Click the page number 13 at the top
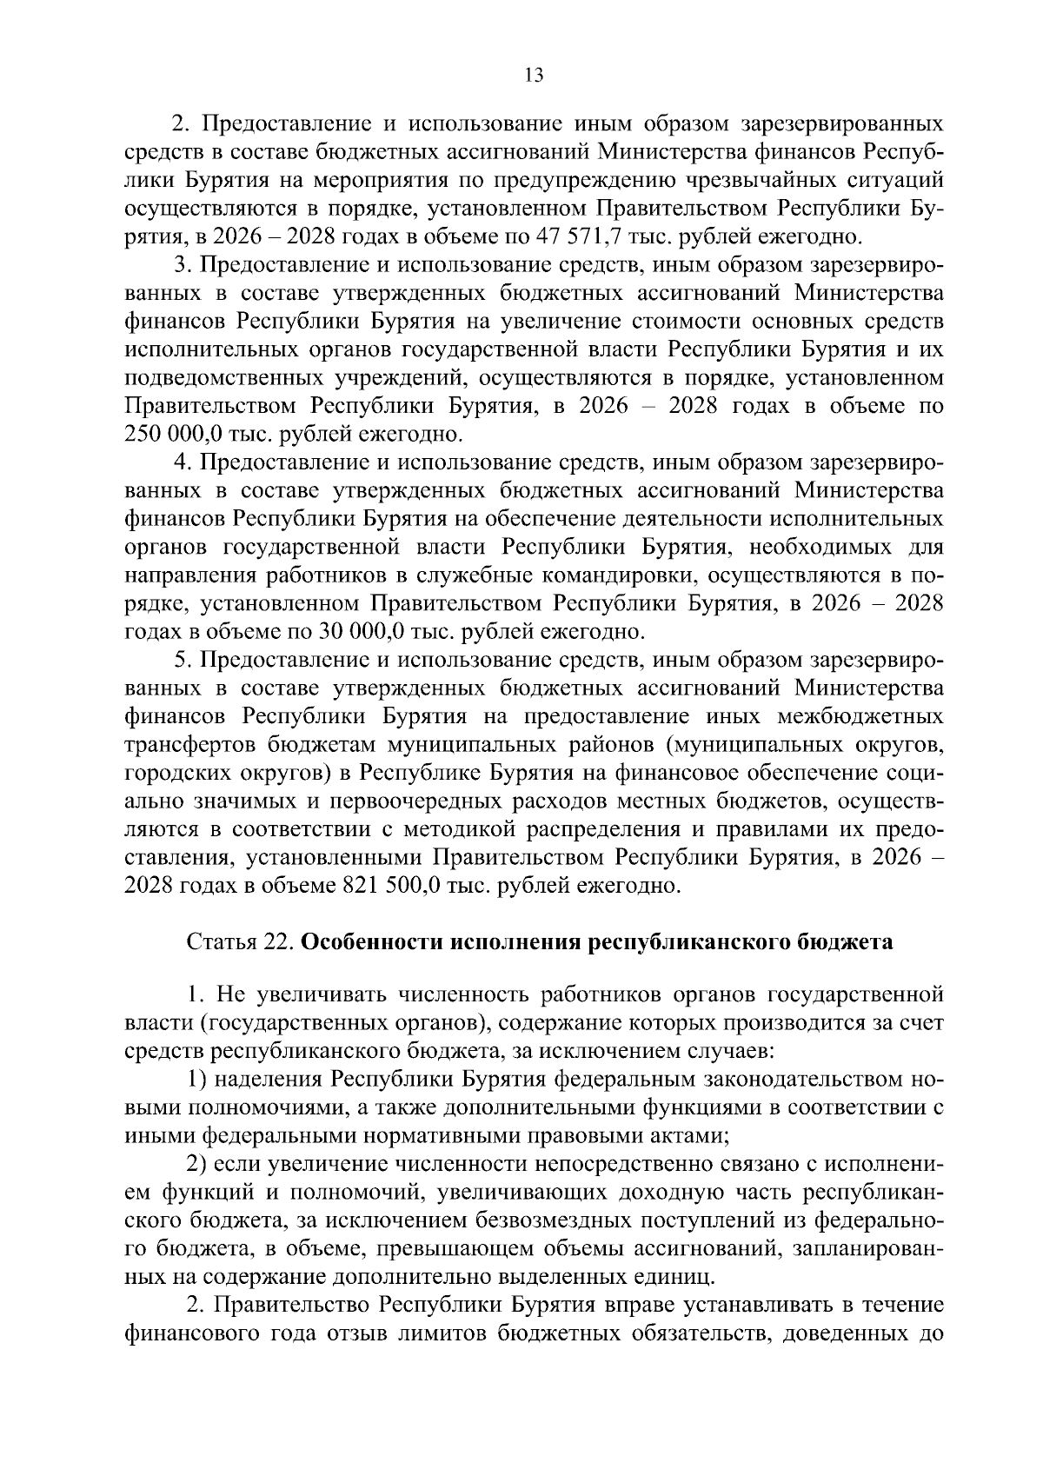coord(534,76)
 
